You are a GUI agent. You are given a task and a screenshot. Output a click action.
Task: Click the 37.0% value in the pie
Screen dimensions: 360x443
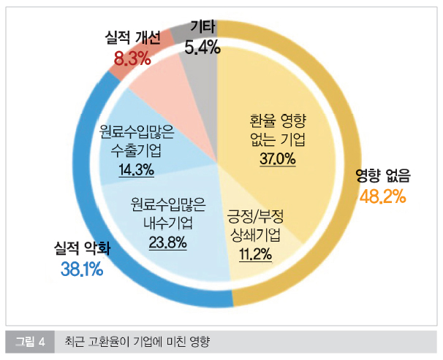click(276, 158)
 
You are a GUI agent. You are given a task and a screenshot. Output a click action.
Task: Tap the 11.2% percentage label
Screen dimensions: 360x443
click(255, 254)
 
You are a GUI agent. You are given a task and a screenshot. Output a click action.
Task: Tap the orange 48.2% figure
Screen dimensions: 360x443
click(383, 196)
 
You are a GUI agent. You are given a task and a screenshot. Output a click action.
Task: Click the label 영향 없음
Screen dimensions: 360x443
click(383, 175)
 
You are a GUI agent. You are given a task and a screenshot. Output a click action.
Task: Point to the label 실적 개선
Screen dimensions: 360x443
click(132, 39)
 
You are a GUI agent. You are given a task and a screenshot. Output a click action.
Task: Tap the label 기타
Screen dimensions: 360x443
click(202, 28)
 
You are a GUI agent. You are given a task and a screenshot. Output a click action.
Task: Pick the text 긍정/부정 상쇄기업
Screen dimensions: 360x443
click(255, 226)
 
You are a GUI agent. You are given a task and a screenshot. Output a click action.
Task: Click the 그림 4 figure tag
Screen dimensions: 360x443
click(31, 341)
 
